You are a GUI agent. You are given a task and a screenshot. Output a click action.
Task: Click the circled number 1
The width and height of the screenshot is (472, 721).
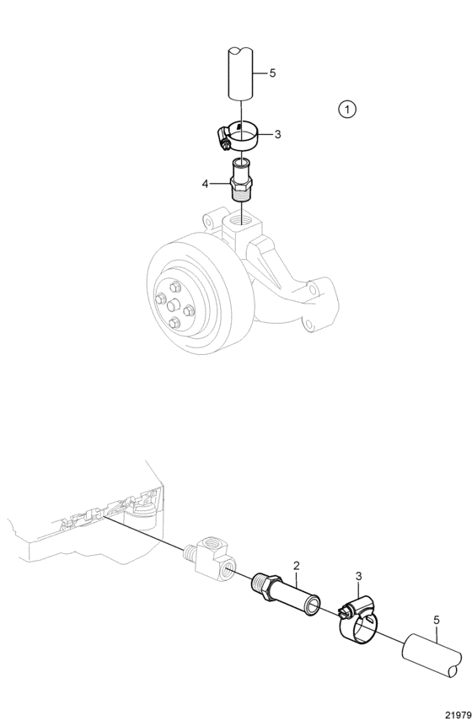coord(347,110)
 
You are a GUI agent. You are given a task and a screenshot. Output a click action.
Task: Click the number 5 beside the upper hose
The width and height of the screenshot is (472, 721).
coord(272,73)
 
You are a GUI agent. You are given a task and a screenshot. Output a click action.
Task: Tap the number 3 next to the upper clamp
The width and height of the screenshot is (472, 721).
coord(277,134)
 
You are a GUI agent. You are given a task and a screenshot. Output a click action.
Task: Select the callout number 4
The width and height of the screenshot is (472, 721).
coord(205,184)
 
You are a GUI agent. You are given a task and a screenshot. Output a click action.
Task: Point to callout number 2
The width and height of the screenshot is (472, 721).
coord(297,565)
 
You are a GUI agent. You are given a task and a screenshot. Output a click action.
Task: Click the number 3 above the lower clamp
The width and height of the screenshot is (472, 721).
coord(359,576)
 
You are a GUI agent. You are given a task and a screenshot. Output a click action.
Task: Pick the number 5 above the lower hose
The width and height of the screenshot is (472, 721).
coord(436,620)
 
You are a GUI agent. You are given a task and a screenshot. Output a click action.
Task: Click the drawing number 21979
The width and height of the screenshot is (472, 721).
coord(458,715)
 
